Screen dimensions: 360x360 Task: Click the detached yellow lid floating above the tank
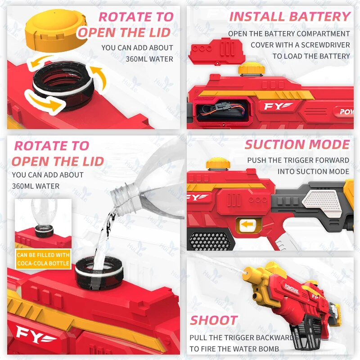tap(56, 30)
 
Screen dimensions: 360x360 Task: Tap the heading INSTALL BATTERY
tap(290, 17)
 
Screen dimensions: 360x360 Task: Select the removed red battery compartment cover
tap(216, 52)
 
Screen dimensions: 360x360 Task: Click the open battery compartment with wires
tap(221, 110)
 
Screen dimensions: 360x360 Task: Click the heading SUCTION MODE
tap(297, 144)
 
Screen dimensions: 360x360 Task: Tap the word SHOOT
tap(214, 320)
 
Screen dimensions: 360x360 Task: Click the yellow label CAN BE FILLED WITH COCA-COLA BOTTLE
tap(43, 259)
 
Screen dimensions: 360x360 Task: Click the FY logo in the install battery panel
tap(278, 106)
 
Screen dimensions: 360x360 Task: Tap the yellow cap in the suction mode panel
tap(218, 164)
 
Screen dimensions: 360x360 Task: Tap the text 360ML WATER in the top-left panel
tap(149, 59)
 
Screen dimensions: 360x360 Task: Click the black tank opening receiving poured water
tap(99, 273)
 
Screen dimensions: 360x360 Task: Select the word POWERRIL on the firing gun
tap(292, 288)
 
